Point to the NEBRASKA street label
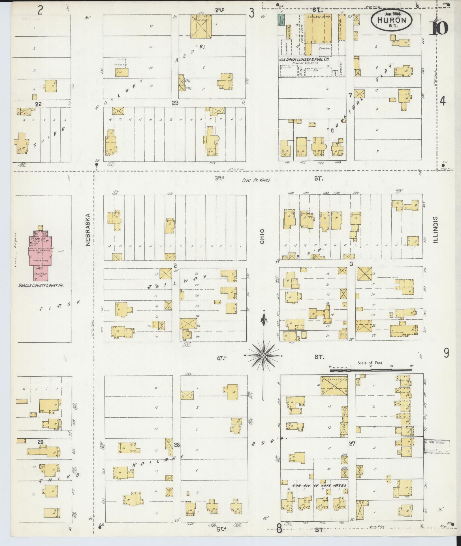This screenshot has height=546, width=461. click(x=88, y=230)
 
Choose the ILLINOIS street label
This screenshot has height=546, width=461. click(x=436, y=230)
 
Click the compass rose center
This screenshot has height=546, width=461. click(x=263, y=355)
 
